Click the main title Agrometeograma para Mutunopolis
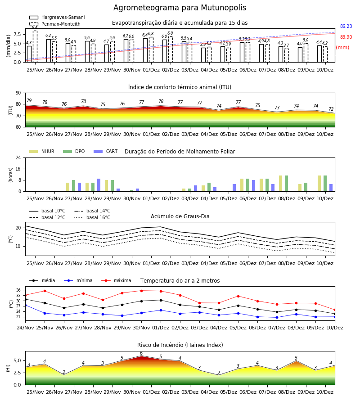[x=180, y=8]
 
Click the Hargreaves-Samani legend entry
[x=57, y=17]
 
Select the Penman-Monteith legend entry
[x=55, y=24]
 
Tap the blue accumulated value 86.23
[x=346, y=27]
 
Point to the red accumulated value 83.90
[x=346, y=37]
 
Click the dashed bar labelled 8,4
[x=35, y=46]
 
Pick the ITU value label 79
[x=29, y=100]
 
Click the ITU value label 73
[x=277, y=108]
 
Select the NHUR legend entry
[x=42, y=151]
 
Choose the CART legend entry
[x=106, y=151]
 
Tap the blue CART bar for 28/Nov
[x=99, y=185]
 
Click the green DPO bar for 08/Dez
[x=286, y=184]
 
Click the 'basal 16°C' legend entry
[x=92, y=217]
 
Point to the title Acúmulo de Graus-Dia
[x=180, y=216]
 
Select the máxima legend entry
[x=116, y=280]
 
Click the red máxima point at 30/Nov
[x=141, y=291]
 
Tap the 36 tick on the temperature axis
[x=18, y=290]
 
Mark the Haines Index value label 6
[x=141, y=353]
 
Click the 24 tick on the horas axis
[x=18, y=158]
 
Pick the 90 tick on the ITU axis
[x=18, y=93]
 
